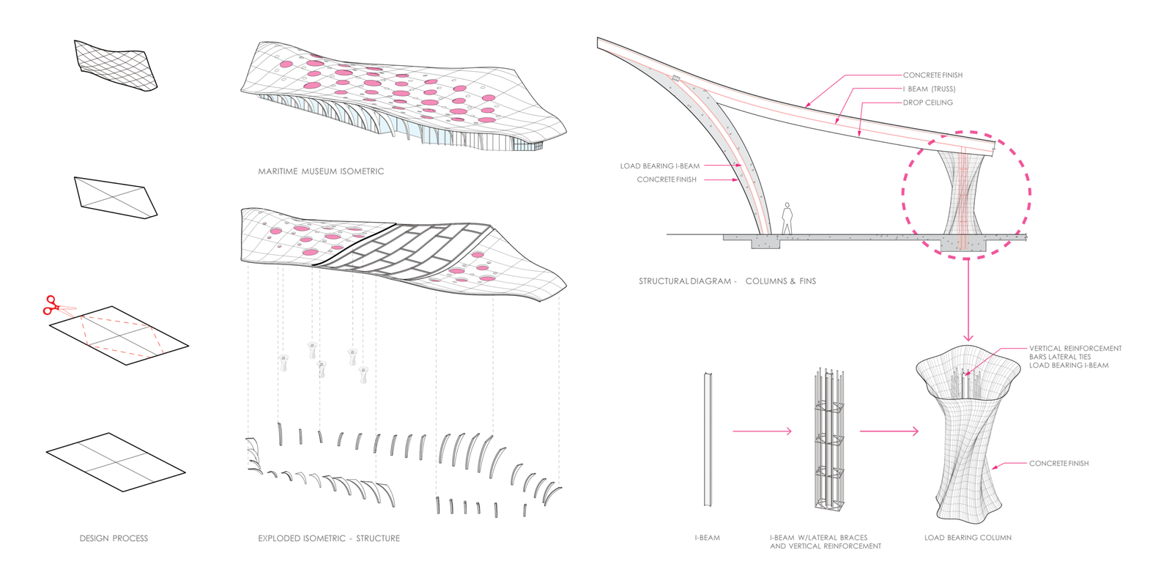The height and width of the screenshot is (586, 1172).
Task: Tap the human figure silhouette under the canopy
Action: (787, 219)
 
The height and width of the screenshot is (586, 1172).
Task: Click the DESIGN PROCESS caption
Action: (114, 538)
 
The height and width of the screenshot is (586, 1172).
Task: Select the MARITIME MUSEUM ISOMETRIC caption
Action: (321, 171)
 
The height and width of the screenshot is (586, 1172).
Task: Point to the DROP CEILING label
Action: (927, 103)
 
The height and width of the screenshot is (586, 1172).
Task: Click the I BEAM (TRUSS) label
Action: (929, 89)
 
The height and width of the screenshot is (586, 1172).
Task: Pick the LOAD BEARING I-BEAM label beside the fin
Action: (659, 166)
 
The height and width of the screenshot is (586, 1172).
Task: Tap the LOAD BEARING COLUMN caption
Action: (968, 538)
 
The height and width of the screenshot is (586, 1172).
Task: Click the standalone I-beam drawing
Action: (708, 439)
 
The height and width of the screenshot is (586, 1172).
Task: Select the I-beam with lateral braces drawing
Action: (828, 439)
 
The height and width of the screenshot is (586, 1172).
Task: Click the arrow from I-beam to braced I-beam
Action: (762, 431)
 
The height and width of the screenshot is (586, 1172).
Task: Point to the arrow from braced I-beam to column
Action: (889, 431)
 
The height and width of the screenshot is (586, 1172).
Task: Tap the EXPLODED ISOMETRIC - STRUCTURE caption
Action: (329, 538)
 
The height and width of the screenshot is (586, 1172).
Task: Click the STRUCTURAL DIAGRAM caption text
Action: (727, 281)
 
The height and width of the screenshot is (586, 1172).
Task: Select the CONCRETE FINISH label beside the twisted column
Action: (1058, 464)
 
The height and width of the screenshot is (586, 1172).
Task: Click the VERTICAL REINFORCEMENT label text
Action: (1075, 349)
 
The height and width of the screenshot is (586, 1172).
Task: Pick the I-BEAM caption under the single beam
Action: (707, 538)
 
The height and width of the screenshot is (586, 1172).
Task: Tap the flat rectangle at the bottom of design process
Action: (116, 462)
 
